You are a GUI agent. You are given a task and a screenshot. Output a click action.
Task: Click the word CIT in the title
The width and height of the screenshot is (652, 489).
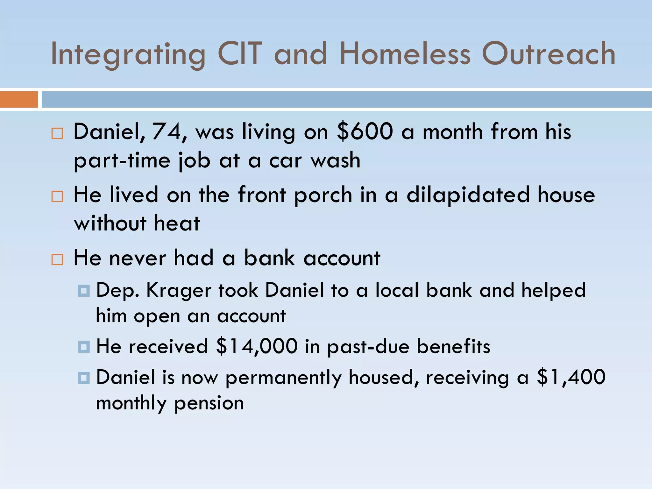[x=240, y=54]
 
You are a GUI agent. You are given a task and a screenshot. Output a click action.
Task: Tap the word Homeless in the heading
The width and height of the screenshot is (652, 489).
[x=405, y=54]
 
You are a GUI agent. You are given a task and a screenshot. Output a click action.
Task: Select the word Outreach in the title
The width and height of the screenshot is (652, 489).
[x=549, y=54]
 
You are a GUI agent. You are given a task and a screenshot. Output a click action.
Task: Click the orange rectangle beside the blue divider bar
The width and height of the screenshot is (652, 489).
[x=19, y=99]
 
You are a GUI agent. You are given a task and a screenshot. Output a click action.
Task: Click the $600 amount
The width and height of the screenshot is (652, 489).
[x=365, y=131]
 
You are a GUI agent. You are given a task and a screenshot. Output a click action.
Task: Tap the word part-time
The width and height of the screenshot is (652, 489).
[x=122, y=160]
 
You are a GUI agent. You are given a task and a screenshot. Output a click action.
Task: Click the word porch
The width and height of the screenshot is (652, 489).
[x=323, y=195]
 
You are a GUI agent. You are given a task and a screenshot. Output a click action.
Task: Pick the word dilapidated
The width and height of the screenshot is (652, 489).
[x=468, y=195]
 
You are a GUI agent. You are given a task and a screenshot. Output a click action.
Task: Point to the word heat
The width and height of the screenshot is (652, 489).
[x=177, y=223]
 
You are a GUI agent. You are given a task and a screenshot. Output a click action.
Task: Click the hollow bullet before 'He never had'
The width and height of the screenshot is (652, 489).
[x=57, y=259]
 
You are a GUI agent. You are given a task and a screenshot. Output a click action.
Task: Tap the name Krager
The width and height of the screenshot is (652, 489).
[x=179, y=291]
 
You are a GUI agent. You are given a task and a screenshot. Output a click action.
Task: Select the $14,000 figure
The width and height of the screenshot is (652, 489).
[x=257, y=346]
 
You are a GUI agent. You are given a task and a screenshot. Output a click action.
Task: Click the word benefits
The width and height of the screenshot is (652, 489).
[x=453, y=346]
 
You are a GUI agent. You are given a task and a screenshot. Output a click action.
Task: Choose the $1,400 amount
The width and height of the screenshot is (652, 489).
[x=571, y=377]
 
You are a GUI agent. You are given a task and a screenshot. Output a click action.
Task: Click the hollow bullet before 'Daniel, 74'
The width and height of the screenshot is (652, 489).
[x=57, y=133]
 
